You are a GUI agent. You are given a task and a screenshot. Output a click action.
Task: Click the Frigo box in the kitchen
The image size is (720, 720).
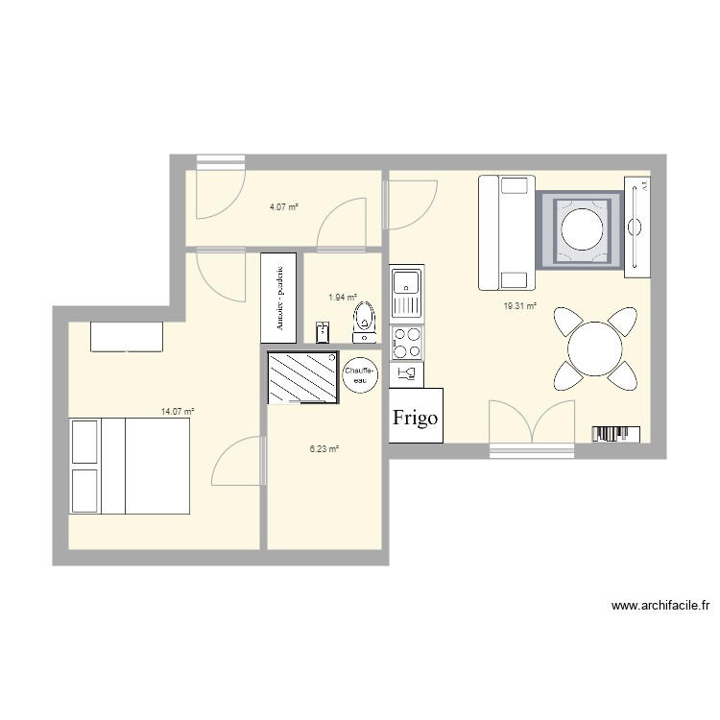(x=416, y=416)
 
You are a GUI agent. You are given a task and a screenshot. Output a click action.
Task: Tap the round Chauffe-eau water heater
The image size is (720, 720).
(x=360, y=373)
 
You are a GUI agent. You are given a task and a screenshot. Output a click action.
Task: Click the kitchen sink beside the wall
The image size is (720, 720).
(x=406, y=294)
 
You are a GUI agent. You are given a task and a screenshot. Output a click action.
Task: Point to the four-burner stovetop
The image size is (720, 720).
(x=406, y=340)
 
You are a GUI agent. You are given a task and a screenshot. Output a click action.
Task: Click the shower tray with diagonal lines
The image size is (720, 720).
(x=303, y=377)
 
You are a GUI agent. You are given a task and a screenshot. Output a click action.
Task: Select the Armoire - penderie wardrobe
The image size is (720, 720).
(x=278, y=297)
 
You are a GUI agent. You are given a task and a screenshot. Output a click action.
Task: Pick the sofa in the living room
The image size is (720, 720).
(x=506, y=232)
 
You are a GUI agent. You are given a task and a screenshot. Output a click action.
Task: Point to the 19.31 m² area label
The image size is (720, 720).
(x=520, y=307)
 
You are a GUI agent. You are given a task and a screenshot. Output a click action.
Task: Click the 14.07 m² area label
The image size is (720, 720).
(x=178, y=411)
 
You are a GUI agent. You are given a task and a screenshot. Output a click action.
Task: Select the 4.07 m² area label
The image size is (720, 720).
(x=283, y=206)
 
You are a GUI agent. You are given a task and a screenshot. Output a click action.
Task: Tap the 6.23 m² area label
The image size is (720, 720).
(x=323, y=448)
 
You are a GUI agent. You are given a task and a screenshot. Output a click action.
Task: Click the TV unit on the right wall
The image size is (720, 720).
(x=636, y=228)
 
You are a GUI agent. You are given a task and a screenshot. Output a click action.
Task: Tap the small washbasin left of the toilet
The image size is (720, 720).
(x=323, y=332)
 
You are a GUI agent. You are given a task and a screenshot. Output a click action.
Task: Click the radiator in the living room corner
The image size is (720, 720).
(x=615, y=434)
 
